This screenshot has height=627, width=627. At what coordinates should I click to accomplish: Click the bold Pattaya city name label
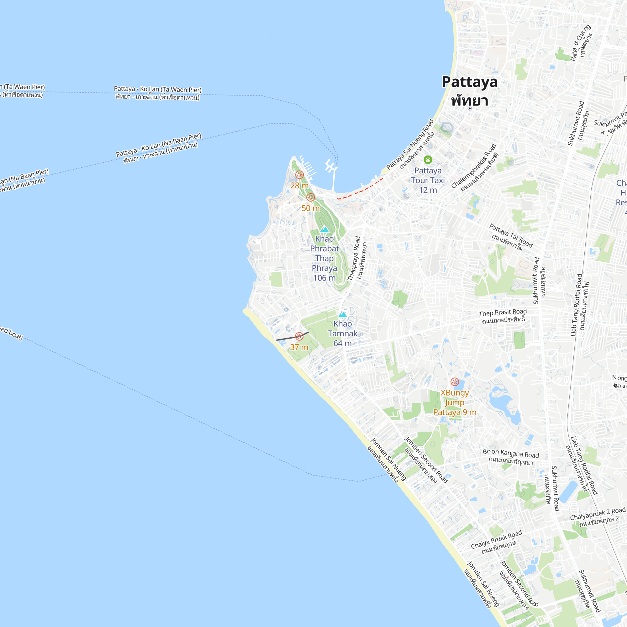point(469,82)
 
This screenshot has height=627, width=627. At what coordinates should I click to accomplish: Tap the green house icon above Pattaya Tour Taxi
point(428,159)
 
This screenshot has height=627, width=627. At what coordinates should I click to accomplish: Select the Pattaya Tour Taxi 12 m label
point(428,180)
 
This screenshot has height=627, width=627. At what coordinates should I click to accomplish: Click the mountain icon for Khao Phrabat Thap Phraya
point(324,229)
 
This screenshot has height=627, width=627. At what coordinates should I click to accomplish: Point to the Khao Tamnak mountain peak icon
point(342,314)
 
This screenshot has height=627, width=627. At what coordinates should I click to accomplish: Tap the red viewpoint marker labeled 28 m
point(299,175)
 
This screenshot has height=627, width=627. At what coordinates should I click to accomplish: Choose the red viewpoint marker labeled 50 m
point(311,197)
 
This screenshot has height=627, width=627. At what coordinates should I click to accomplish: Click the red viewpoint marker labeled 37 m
point(299,336)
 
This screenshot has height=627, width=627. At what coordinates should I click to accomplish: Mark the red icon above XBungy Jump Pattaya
point(455,382)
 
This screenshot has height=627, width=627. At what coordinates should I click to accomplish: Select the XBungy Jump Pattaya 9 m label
point(455,403)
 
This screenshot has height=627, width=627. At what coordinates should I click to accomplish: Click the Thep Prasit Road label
point(503,313)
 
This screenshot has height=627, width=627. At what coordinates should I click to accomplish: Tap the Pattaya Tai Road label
point(511,235)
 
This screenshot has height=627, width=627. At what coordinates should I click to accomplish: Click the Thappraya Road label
point(354,258)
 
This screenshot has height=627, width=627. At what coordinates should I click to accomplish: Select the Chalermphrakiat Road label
point(473,166)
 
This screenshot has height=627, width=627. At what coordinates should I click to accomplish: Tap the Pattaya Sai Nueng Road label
point(410,144)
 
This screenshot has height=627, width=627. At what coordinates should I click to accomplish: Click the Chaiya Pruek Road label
point(496,539)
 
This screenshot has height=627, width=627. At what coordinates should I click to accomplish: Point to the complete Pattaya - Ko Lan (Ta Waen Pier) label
point(157,90)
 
